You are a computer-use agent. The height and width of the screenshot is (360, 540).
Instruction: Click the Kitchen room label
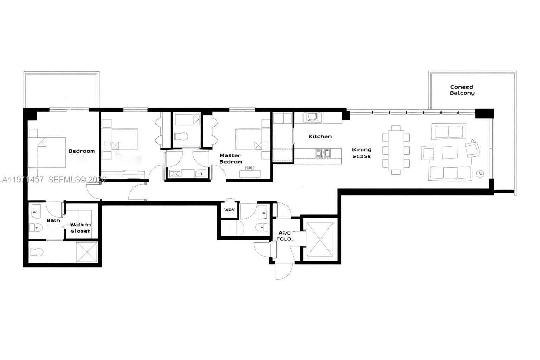point(320,136)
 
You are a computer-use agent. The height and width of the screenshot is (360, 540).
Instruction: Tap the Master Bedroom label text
point(231,159)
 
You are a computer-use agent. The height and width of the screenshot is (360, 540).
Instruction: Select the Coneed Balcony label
point(462,90)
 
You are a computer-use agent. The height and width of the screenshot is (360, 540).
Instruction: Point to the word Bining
point(361,149)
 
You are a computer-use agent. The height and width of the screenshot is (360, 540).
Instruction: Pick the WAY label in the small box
point(229,210)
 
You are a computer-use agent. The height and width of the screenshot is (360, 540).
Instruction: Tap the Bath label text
point(53,220)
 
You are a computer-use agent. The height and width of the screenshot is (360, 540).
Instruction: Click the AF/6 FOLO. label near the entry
point(284,236)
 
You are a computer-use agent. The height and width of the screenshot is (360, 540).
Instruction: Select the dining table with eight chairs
point(396,150)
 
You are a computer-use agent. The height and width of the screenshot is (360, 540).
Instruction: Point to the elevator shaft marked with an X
point(320,240)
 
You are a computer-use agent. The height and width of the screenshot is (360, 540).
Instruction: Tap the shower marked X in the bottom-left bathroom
point(86,252)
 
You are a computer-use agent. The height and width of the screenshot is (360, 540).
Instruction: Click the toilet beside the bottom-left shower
point(36,252)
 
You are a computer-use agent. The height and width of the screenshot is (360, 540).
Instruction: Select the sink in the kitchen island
point(323,153)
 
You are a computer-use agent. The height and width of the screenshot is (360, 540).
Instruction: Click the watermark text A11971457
point(23,180)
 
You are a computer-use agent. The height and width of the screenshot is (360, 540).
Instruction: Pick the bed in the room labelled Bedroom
point(47,152)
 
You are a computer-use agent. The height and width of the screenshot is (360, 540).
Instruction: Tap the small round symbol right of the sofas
point(480,173)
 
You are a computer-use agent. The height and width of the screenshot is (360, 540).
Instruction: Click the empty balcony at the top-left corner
point(61,90)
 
